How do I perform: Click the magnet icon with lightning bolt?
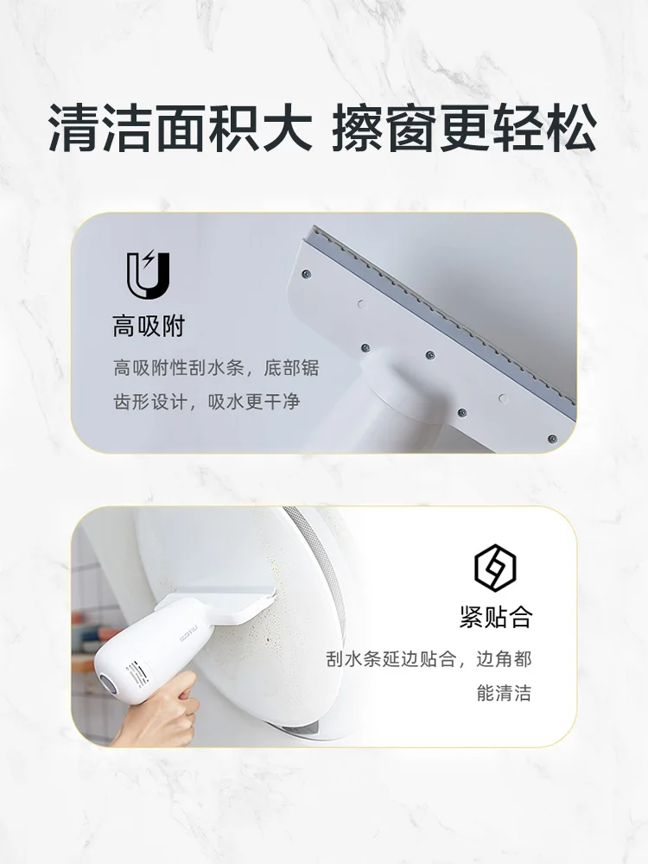[x=148, y=275]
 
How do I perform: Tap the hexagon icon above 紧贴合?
[x=495, y=569]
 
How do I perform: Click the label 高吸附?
[x=149, y=327]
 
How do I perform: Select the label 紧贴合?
[x=495, y=617]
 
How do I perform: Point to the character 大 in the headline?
[x=286, y=128]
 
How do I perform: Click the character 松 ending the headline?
[x=570, y=128]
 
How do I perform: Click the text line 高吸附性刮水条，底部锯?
[x=216, y=368]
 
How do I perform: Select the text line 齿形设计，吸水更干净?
[x=206, y=402]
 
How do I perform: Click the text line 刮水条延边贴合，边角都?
[x=429, y=659]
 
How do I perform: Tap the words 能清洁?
[x=504, y=693]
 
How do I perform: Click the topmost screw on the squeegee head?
[x=308, y=273]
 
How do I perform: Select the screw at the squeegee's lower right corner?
[x=552, y=439]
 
